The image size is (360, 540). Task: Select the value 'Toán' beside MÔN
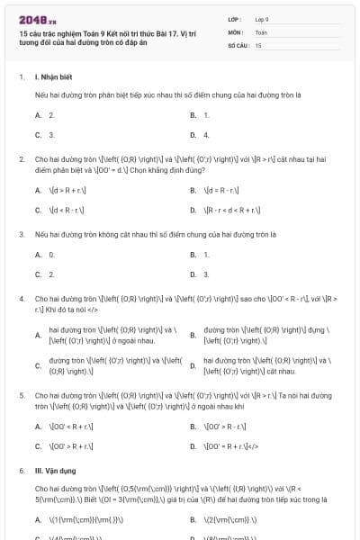[261, 31]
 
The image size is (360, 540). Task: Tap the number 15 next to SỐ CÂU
[258, 44]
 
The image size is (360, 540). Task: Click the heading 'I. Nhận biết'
[55, 78]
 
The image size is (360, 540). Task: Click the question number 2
[22, 158]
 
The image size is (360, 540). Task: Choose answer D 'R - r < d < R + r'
[232, 210]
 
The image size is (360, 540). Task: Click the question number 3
[22, 234]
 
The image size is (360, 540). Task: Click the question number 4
[22, 298]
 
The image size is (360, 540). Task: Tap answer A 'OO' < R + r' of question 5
[70, 426]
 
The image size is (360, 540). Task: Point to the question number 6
[22, 470]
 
